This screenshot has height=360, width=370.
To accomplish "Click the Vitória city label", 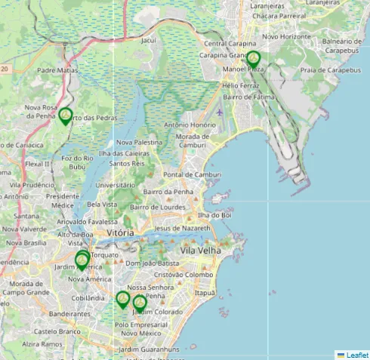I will pos(121,233).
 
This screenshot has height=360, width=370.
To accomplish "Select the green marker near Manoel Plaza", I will pos(253,59).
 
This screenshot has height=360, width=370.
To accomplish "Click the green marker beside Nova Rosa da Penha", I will pos(66,115).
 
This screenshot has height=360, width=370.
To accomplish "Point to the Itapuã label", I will pos(205,292).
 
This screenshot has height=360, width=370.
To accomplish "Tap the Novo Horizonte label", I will pos(286,36).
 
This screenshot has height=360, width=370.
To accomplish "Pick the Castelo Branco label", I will pos(56,331).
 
